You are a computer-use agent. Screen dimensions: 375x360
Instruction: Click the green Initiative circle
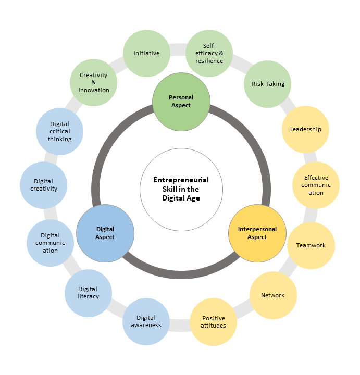[x=146, y=53]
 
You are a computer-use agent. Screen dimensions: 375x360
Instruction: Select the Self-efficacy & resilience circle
[x=209, y=53]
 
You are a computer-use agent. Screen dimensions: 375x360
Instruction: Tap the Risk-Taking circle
[x=268, y=84]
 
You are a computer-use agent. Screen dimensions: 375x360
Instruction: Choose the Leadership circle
[x=305, y=129]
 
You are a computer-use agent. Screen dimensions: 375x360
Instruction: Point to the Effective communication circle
[x=316, y=185]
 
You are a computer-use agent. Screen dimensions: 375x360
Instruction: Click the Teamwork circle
[x=311, y=245]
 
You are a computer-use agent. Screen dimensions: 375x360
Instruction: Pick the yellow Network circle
[x=273, y=295]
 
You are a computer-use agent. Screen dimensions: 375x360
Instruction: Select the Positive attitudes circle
[x=213, y=322]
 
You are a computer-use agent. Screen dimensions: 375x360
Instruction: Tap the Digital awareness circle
[x=146, y=321]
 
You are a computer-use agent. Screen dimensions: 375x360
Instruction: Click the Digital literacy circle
[x=89, y=293]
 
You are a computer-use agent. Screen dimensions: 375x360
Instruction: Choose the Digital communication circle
[x=51, y=243]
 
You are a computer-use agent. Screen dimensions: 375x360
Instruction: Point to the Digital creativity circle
[x=44, y=185]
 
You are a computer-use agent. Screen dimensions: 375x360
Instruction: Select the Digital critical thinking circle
[x=60, y=132]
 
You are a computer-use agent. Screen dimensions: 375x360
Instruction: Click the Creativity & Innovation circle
[x=94, y=82]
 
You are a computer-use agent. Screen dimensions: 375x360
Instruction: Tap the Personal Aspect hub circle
[x=181, y=101]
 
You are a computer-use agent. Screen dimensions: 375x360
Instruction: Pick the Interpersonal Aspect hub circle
[x=257, y=233]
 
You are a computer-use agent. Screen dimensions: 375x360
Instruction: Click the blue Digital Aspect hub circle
[x=105, y=233]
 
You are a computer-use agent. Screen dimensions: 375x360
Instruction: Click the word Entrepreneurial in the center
[x=181, y=180]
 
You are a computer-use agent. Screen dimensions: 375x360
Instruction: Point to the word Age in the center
[x=193, y=198]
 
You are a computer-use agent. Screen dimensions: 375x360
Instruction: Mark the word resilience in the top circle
[x=209, y=61]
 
